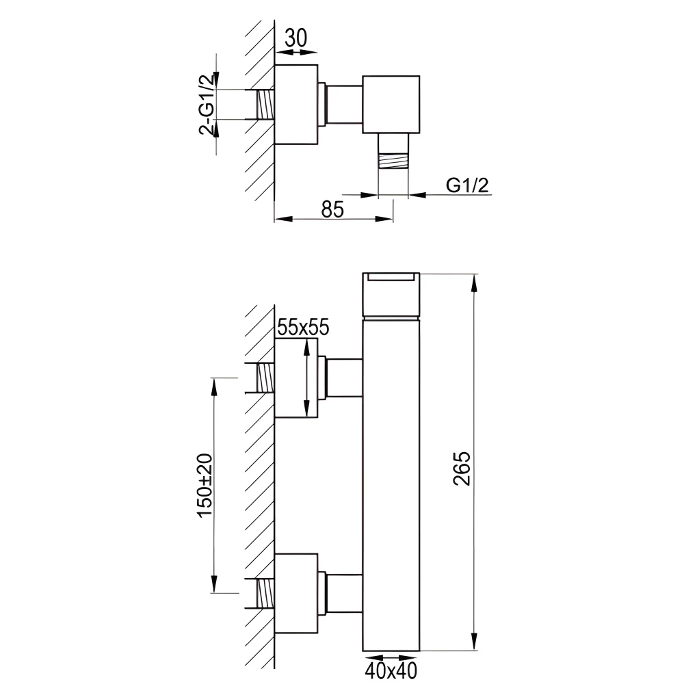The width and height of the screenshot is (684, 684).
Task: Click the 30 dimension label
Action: click(295, 38)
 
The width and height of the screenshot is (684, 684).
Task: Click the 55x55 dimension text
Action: click(302, 328)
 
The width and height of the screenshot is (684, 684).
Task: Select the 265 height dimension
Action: click(462, 469)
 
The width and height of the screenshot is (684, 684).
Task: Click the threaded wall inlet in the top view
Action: click(265, 105)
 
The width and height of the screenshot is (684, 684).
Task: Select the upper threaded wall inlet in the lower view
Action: click(265, 378)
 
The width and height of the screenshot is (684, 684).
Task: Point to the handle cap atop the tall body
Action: click(391, 295)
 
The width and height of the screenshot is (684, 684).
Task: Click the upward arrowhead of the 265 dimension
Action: click(474, 281)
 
